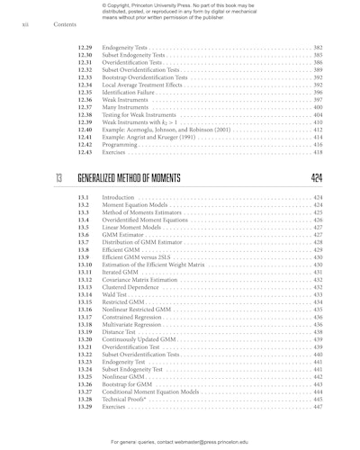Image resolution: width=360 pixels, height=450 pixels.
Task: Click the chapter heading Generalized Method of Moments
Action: pos(130,178)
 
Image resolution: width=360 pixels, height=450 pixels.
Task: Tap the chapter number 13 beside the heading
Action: pos(59,178)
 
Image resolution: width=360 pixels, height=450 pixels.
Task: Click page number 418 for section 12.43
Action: pos(318,152)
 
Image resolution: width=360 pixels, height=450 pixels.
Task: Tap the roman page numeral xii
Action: pos(24,24)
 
